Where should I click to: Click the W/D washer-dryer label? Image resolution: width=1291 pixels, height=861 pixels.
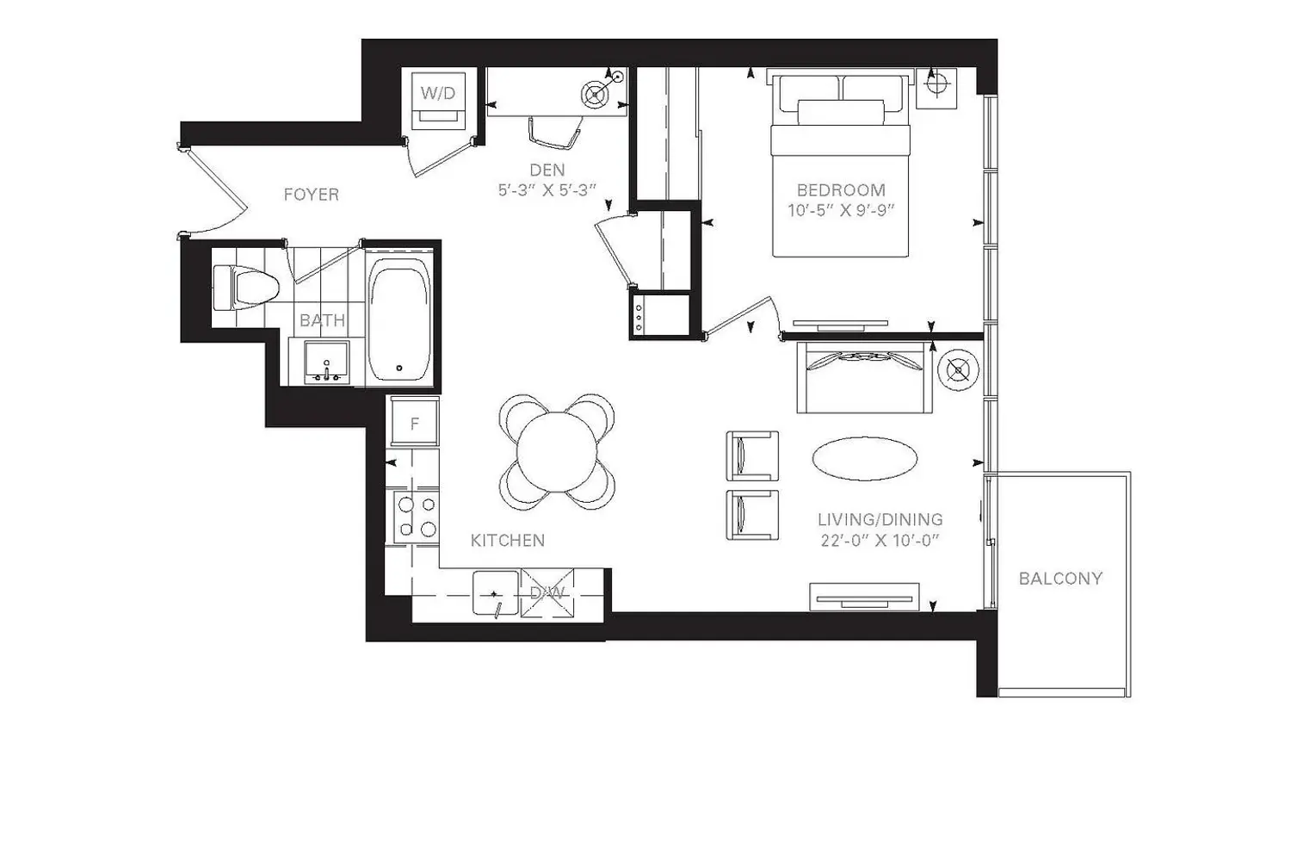coord(438,92)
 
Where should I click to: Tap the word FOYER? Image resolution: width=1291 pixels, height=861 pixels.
coord(312,195)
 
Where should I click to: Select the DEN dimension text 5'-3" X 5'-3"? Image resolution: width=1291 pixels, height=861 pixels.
coord(547,190)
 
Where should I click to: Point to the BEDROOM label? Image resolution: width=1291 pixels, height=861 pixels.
coord(841,189)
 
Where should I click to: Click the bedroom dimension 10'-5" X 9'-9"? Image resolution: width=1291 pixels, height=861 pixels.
coord(841,210)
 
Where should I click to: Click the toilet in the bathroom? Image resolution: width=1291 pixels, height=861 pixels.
coord(246,288)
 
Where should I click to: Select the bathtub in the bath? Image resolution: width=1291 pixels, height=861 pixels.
coord(399,319)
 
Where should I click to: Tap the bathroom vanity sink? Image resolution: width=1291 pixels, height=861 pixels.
coord(327,362)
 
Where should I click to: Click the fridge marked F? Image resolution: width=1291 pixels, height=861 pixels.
coord(414,422)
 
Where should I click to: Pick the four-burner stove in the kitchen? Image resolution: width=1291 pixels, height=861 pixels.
coord(417,517)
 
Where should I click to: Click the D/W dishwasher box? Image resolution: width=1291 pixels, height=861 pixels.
coord(547,593)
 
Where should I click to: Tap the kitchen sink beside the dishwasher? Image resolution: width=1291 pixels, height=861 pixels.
coord(496,593)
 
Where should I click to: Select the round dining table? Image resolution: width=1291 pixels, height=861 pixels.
coord(557,451)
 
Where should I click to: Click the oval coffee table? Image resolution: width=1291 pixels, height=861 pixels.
coord(864,458)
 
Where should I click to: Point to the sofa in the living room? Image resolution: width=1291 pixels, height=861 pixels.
coord(864,377)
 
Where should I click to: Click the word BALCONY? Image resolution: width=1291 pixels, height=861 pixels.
coord(1060,579)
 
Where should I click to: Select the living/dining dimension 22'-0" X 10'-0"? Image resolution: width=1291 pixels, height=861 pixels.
coord(880,541)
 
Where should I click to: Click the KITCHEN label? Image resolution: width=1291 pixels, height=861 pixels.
coord(508,541)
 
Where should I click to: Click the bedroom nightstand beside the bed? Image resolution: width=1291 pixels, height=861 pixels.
coord(936,88)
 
